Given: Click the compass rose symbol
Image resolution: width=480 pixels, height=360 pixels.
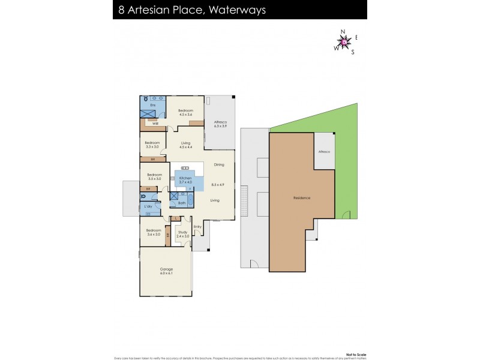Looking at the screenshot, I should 344,42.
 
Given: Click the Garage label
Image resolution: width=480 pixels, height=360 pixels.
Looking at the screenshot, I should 166,271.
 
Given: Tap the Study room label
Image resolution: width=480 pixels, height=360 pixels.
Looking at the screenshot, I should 182,233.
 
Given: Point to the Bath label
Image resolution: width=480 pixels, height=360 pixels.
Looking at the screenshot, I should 182,203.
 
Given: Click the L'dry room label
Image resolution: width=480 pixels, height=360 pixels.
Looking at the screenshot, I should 148,207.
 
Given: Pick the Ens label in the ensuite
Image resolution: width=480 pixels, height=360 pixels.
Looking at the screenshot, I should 153,106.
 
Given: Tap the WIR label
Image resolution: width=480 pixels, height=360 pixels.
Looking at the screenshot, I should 155,124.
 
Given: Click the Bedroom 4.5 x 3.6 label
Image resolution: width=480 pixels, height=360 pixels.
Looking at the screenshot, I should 186,112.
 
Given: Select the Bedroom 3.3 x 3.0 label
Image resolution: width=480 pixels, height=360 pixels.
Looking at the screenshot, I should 152,144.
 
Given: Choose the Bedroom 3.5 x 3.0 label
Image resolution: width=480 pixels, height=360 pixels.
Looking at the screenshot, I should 155,176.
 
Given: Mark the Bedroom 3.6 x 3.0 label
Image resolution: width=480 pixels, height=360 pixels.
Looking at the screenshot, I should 153,232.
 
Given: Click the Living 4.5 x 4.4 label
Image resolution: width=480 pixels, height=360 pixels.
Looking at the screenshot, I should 186,145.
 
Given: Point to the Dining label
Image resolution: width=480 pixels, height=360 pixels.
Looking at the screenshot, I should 219,164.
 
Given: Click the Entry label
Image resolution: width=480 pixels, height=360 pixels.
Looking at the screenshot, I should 197,226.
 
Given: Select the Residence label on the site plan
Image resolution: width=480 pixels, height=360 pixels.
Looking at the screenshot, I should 301,198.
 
